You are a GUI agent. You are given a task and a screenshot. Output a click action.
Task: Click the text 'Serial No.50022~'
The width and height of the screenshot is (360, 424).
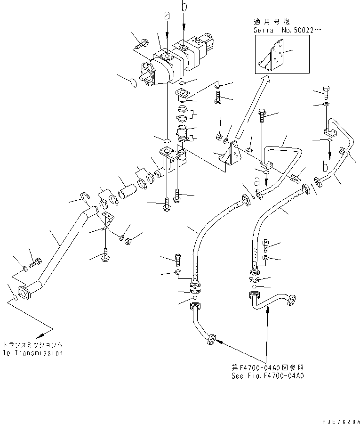click(282, 30)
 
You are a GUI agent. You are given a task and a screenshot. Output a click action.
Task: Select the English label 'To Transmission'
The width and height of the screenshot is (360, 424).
click(32, 353)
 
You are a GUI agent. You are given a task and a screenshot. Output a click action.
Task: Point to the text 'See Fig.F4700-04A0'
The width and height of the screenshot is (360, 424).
click(267, 376)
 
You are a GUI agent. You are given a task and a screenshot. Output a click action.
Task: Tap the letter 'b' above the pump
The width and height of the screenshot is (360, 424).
click(184, 7)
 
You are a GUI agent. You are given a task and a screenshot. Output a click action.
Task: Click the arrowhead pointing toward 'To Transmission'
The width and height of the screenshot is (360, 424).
click(41, 334)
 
